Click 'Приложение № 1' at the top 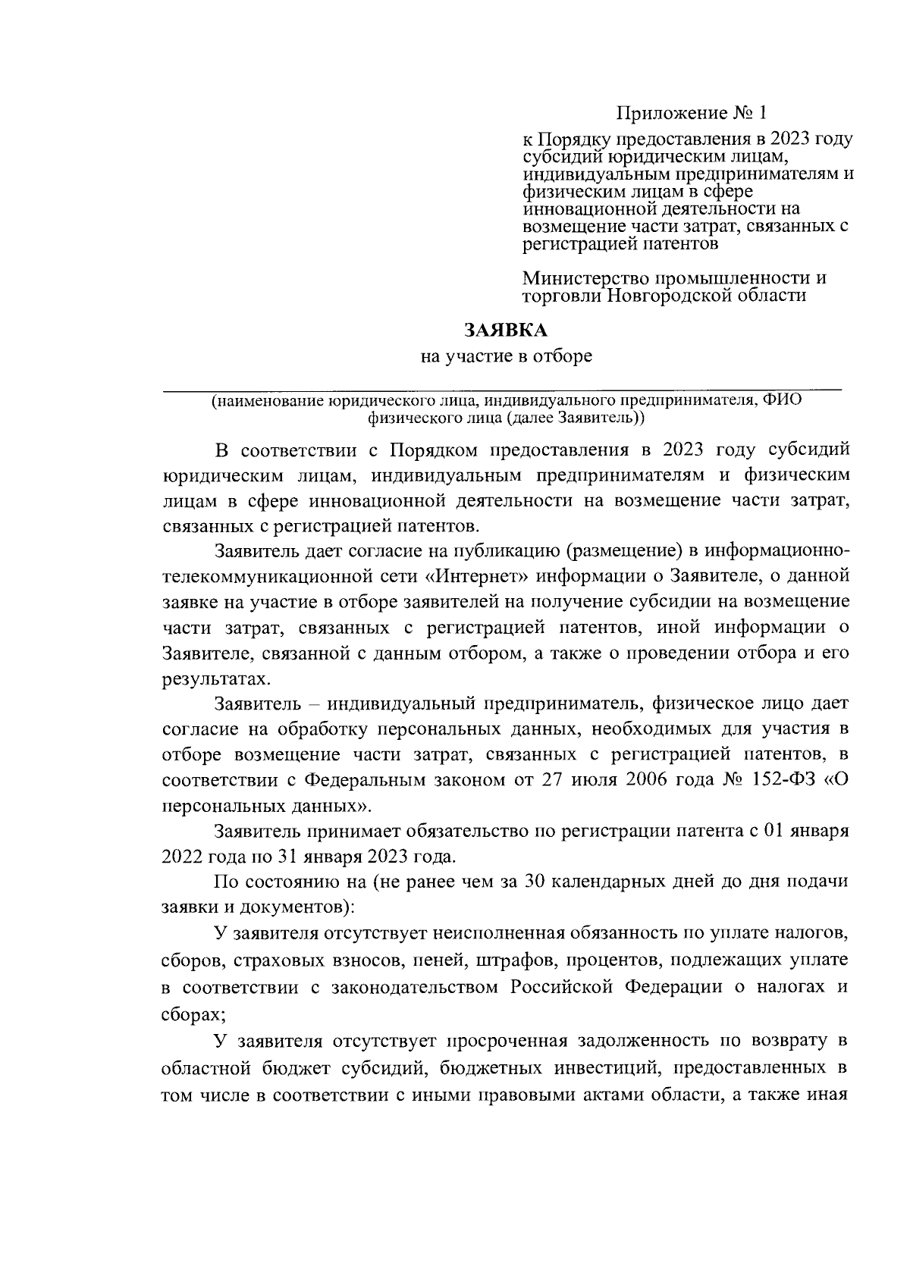pos(691,114)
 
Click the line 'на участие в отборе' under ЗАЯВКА pos(506,356)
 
